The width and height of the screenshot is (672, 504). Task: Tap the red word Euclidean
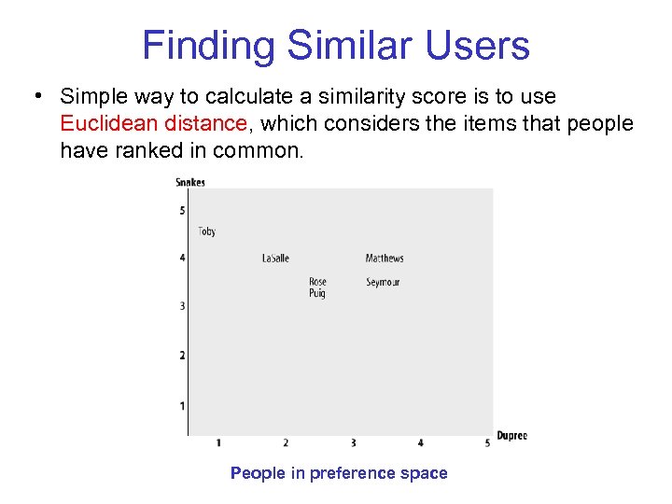[x=103, y=123]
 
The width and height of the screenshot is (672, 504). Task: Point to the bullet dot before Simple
[x=36, y=97]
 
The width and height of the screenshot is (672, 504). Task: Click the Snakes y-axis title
[x=190, y=182]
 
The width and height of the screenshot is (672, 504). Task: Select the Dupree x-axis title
[x=511, y=436]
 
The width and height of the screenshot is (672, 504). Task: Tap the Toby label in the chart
[x=207, y=231]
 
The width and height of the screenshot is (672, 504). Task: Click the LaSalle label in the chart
[x=275, y=259]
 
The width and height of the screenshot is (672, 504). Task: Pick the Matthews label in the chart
[x=385, y=259]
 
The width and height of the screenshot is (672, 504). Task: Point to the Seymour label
[x=383, y=282]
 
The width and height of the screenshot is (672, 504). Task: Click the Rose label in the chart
[x=317, y=282]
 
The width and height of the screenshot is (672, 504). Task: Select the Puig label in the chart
[x=317, y=293]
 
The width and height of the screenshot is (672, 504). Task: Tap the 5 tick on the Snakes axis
[x=182, y=211]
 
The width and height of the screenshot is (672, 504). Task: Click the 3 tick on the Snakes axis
[x=182, y=306]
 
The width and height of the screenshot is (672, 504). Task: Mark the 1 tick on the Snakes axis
[x=182, y=406]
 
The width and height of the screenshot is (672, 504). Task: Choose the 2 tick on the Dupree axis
[x=286, y=442]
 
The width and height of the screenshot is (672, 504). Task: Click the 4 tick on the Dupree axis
[x=420, y=442]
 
